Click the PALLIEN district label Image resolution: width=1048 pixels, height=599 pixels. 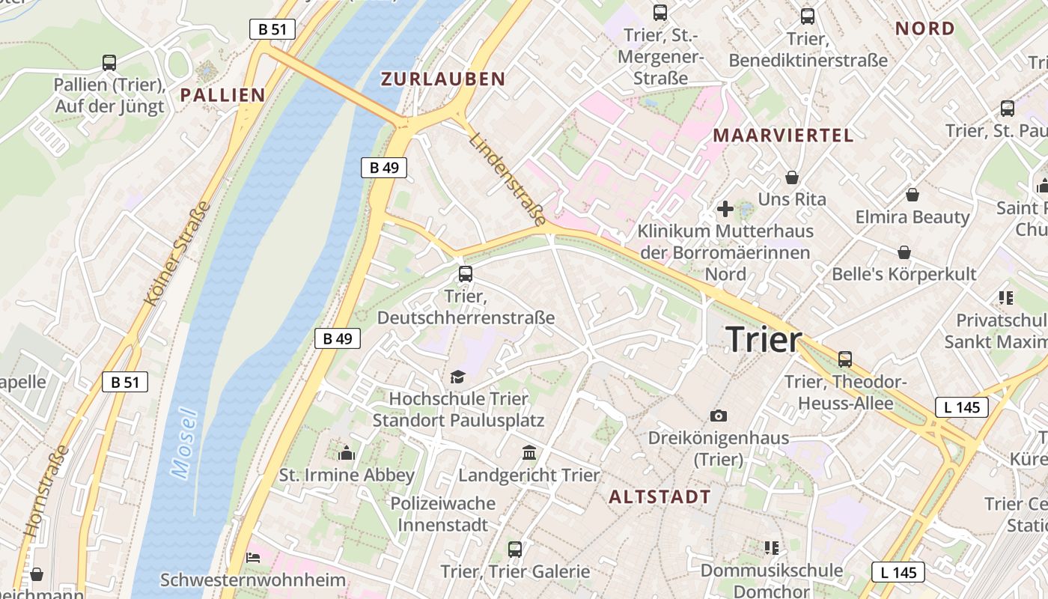pyautogui.click(x=222, y=94)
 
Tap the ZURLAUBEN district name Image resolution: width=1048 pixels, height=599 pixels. pyautogui.click(x=443, y=79)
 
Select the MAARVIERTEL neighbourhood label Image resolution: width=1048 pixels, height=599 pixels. pyautogui.click(x=782, y=136)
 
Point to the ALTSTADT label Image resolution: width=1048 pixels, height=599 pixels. pyautogui.click(x=659, y=496)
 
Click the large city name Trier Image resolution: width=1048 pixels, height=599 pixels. pyautogui.click(x=764, y=339)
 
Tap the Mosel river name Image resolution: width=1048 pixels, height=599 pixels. pyautogui.click(x=183, y=443)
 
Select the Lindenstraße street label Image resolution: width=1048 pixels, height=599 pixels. pyautogui.click(x=508, y=179)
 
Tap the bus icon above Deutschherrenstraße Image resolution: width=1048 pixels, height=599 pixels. pyautogui.click(x=465, y=274)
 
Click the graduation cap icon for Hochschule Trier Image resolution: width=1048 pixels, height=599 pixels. pyautogui.click(x=457, y=377)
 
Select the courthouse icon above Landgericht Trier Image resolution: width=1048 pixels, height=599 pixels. pyautogui.click(x=529, y=452)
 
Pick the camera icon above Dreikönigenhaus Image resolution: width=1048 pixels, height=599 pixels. pyautogui.click(x=719, y=416)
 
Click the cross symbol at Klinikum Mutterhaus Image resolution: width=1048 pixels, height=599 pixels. pyautogui.click(x=725, y=209)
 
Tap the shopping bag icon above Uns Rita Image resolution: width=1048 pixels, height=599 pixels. pyautogui.click(x=791, y=177)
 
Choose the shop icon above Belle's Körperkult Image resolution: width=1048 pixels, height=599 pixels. pyautogui.click(x=904, y=252)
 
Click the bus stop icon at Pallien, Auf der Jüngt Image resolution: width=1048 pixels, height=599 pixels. pyautogui.click(x=109, y=63)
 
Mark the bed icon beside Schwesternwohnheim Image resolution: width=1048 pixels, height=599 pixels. pyautogui.click(x=253, y=558)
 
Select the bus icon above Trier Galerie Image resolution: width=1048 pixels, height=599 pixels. pyautogui.click(x=514, y=550)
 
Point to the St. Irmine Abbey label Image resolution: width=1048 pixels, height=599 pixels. pyautogui.click(x=347, y=475)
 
